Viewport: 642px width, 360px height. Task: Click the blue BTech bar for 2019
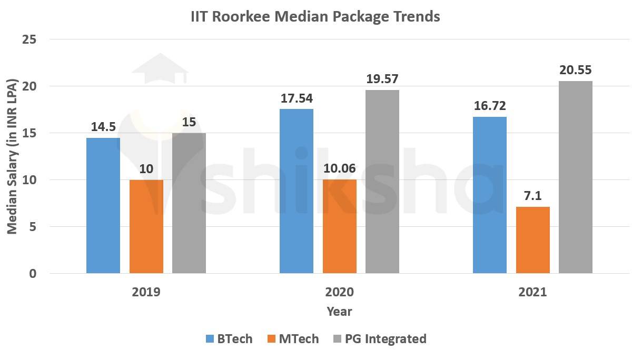coord(103,205)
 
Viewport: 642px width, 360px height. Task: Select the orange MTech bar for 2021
coord(532,240)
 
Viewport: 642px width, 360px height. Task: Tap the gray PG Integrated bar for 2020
coord(382,182)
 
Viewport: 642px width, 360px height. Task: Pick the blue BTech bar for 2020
coord(296,191)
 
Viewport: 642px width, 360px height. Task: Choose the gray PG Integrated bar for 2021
coord(576,177)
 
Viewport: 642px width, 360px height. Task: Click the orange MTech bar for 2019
coord(146,226)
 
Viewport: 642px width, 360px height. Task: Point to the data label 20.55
coord(576,69)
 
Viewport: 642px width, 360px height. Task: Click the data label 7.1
coord(532,195)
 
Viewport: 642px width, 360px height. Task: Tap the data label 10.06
coord(339,168)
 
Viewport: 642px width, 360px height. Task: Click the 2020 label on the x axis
coord(339,292)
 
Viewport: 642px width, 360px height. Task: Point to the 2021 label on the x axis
coord(532,292)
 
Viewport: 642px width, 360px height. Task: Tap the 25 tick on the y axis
coord(29,39)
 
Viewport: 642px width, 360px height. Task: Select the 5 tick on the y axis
coord(33,227)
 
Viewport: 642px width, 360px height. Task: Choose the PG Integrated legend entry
coord(379,339)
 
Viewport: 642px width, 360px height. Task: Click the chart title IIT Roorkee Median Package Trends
coord(315,17)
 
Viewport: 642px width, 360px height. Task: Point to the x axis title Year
coord(339,312)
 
